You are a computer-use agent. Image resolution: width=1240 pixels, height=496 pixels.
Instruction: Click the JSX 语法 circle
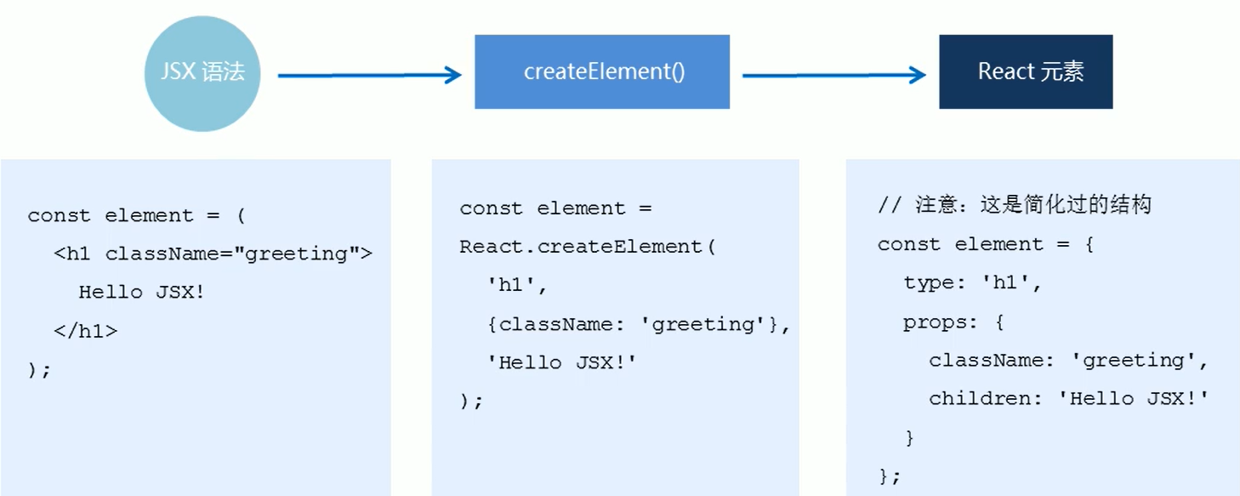point(202,74)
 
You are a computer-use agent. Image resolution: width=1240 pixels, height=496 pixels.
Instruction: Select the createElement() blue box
point(602,72)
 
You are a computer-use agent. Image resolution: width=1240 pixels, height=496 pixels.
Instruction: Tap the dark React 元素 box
point(1026,72)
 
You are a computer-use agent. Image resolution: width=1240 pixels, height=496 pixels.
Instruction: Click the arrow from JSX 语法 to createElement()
point(369,76)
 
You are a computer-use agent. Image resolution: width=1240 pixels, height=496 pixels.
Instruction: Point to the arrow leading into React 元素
point(833,76)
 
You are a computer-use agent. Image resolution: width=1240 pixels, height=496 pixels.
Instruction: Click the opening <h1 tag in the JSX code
point(73,254)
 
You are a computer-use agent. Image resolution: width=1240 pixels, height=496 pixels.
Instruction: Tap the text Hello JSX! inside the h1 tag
point(142,292)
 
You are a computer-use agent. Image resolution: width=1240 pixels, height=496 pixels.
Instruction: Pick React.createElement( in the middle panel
point(588,247)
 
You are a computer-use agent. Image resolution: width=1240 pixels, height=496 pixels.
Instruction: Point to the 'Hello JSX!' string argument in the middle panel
point(561,362)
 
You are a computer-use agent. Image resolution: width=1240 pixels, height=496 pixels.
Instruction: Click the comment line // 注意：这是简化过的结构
point(1015,205)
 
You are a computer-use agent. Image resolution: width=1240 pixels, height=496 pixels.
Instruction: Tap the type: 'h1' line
point(973,282)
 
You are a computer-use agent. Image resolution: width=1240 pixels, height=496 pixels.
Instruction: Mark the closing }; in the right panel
point(889,476)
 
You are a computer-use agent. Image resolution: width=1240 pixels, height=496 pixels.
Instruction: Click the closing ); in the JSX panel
point(39,370)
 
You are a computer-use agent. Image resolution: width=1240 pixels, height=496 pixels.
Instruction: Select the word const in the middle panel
point(492,208)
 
